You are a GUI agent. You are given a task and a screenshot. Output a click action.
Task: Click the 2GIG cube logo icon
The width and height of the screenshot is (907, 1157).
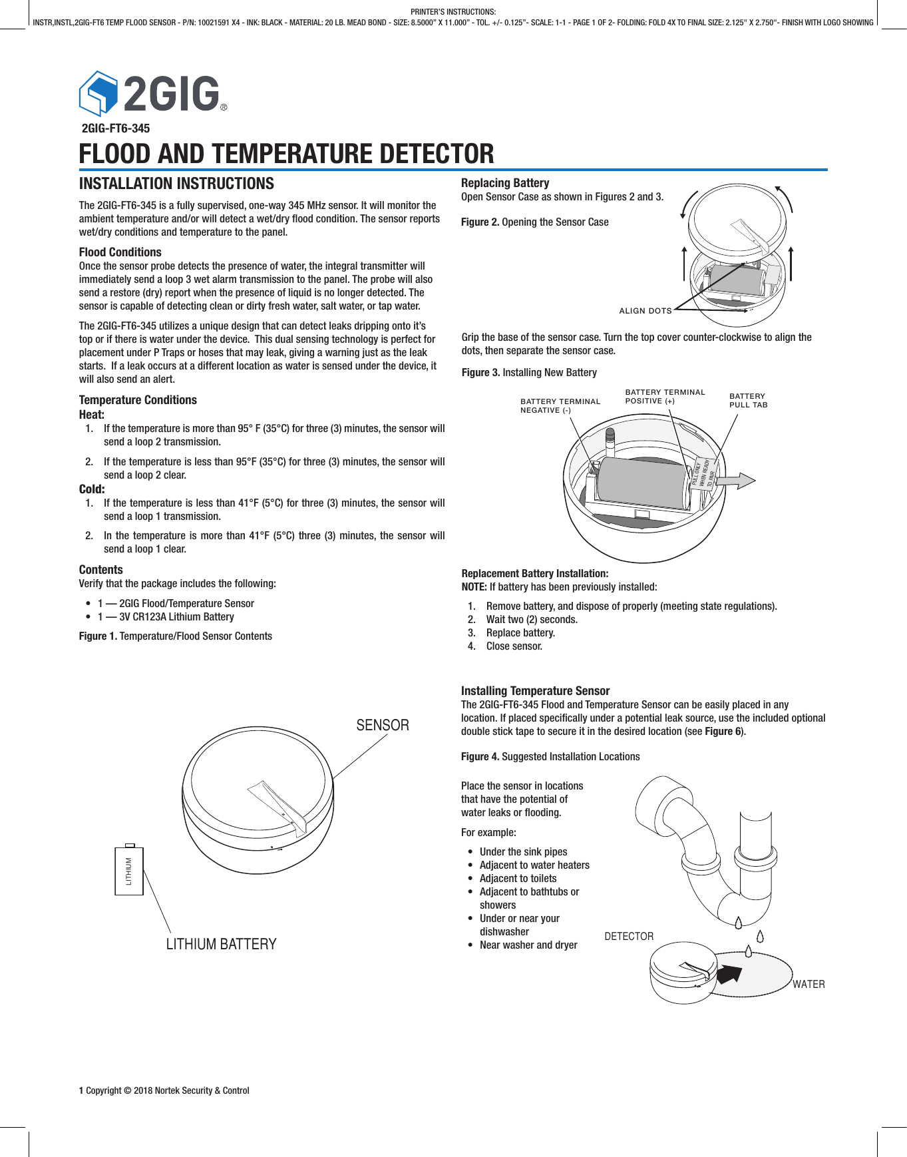tap(98, 93)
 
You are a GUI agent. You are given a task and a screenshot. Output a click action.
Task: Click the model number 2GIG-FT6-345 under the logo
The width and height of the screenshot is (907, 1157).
tap(115, 128)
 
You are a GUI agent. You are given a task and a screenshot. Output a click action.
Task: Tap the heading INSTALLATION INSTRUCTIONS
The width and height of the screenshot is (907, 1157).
tap(176, 184)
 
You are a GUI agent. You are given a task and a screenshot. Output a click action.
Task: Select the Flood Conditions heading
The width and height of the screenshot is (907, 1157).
tap(120, 252)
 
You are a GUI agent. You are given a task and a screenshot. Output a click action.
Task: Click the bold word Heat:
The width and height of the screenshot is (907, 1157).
tap(92, 414)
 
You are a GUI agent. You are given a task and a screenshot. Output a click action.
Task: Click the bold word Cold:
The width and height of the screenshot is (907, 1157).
tap(92, 489)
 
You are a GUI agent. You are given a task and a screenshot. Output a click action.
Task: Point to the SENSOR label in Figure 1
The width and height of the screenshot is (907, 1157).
tap(382, 725)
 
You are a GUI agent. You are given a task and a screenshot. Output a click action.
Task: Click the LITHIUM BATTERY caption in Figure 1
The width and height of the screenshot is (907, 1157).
tap(221, 944)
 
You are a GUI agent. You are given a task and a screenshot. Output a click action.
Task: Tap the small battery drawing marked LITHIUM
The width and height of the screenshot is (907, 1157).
tap(129, 870)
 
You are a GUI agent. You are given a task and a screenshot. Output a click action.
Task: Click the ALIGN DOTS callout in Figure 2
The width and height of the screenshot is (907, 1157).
tap(645, 311)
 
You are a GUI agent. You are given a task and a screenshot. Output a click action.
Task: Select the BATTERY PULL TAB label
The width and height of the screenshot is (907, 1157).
tap(748, 400)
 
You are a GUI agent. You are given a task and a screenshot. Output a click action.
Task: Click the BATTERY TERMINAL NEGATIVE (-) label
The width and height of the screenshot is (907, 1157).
tap(560, 405)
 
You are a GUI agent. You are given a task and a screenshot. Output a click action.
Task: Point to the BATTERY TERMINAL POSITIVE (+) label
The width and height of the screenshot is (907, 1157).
tap(664, 396)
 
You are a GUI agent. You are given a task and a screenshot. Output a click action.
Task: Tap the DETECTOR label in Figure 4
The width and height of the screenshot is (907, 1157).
tap(628, 936)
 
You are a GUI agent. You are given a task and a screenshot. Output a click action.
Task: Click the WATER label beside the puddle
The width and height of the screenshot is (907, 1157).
tap(808, 984)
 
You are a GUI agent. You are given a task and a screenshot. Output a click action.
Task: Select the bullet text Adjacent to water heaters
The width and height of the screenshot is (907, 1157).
tap(534, 865)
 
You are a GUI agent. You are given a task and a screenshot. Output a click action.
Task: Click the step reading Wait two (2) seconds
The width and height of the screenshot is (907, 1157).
tap(531, 619)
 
